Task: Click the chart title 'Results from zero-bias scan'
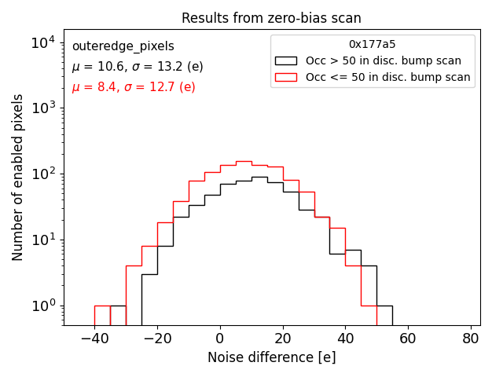click(271, 18)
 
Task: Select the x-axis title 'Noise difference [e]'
click(271, 357)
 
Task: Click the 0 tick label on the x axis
click(220, 339)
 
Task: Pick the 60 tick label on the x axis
click(408, 339)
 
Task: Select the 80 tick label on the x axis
click(471, 339)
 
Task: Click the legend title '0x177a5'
click(372, 45)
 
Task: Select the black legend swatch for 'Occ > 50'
click(286, 60)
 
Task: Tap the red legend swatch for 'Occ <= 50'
click(286, 77)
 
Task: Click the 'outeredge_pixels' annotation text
click(123, 46)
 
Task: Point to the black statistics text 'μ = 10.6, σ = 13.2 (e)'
click(138, 67)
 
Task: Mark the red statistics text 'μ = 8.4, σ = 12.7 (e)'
click(134, 87)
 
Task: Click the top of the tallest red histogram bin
click(244, 162)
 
